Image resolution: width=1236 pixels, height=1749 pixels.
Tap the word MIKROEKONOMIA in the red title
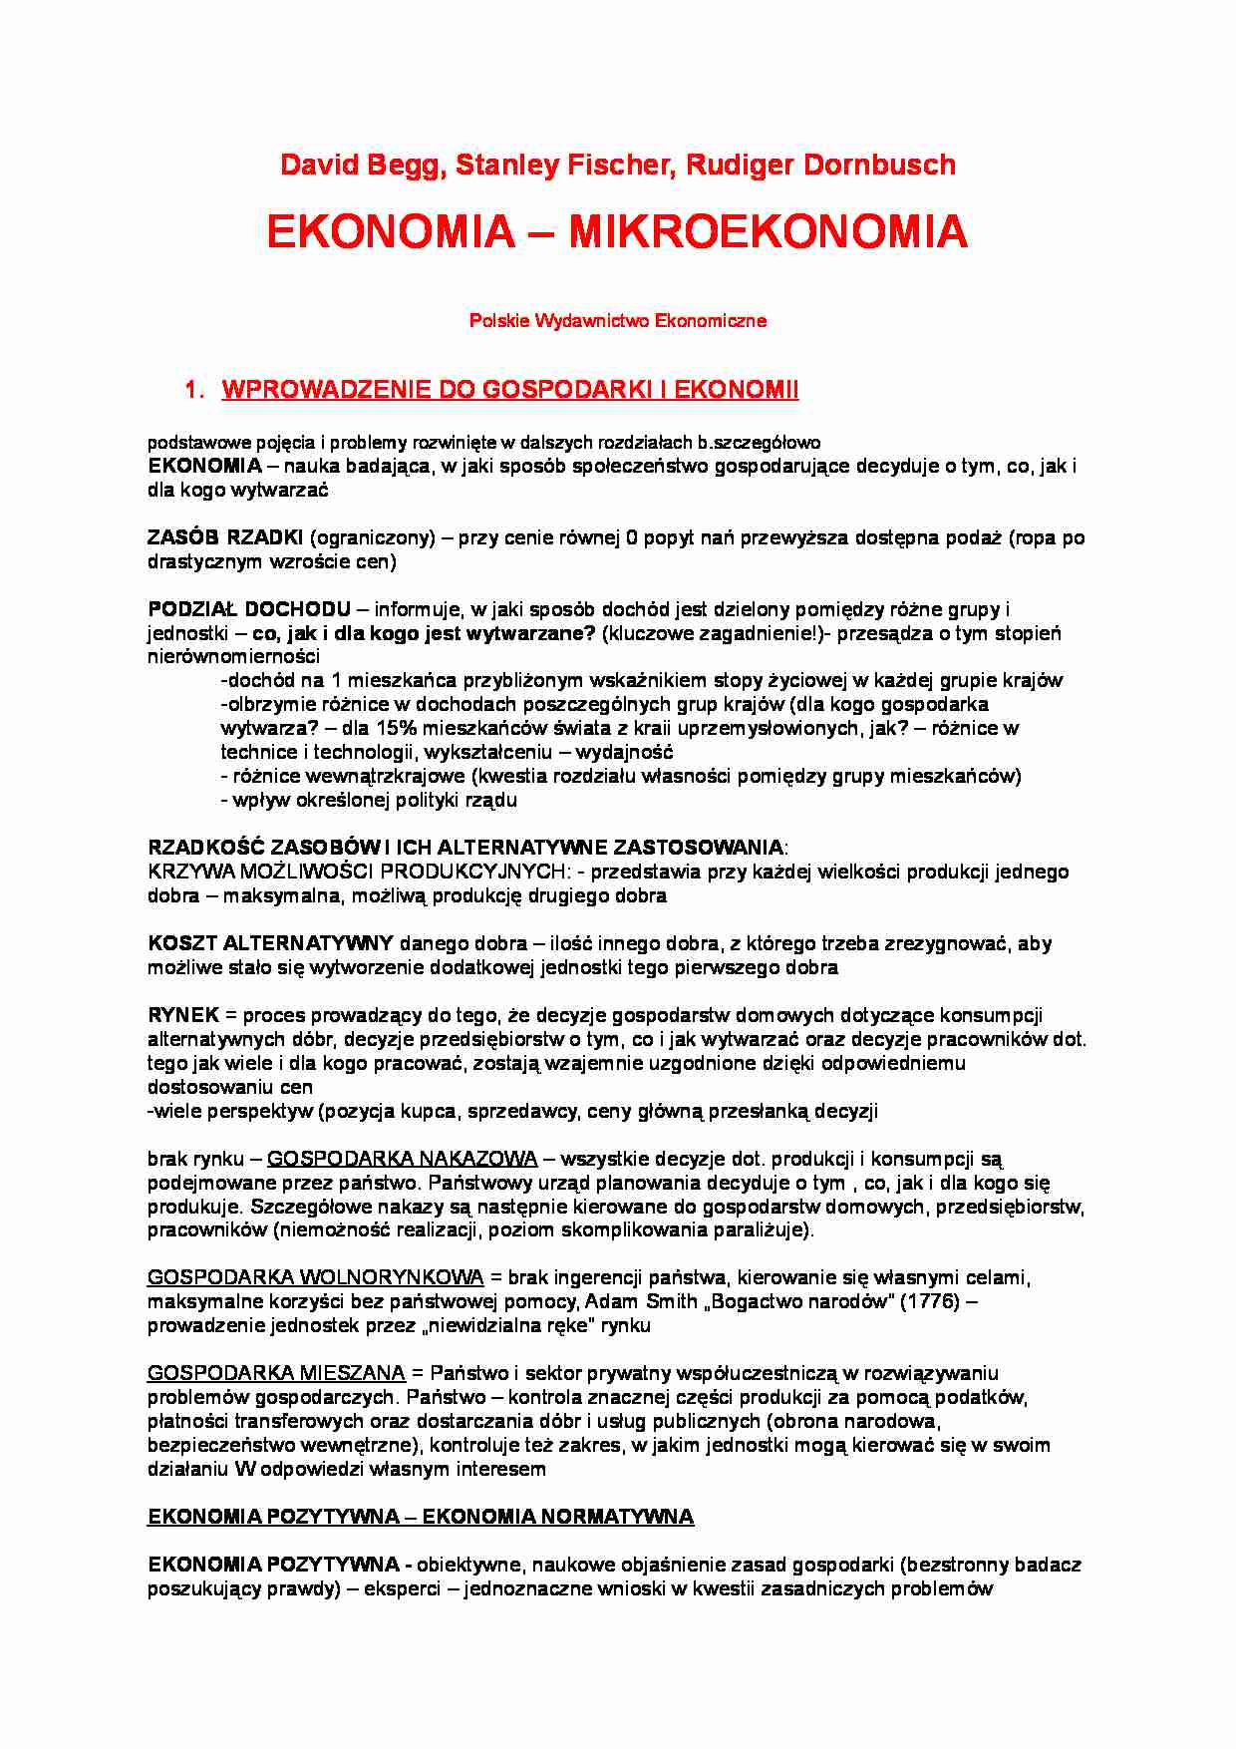click(x=768, y=232)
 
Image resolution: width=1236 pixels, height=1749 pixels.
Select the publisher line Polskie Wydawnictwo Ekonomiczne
click(x=617, y=321)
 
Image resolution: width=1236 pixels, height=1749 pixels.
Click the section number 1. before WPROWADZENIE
click(x=194, y=390)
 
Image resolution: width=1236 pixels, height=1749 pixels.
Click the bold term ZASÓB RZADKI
click(x=225, y=538)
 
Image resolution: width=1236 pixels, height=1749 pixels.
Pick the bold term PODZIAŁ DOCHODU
click(x=249, y=609)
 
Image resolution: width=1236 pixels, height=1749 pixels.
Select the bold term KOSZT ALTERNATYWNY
click(x=271, y=943)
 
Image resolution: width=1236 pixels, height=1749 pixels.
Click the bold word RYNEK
click(x=183, y=1015)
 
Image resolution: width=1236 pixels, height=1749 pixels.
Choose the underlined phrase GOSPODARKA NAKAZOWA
click(x=402, y=1159)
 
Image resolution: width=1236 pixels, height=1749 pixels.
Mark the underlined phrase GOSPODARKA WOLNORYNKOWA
click(x=315, y=1278)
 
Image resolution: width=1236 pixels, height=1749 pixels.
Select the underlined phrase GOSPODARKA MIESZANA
click(x=276, y=1374)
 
